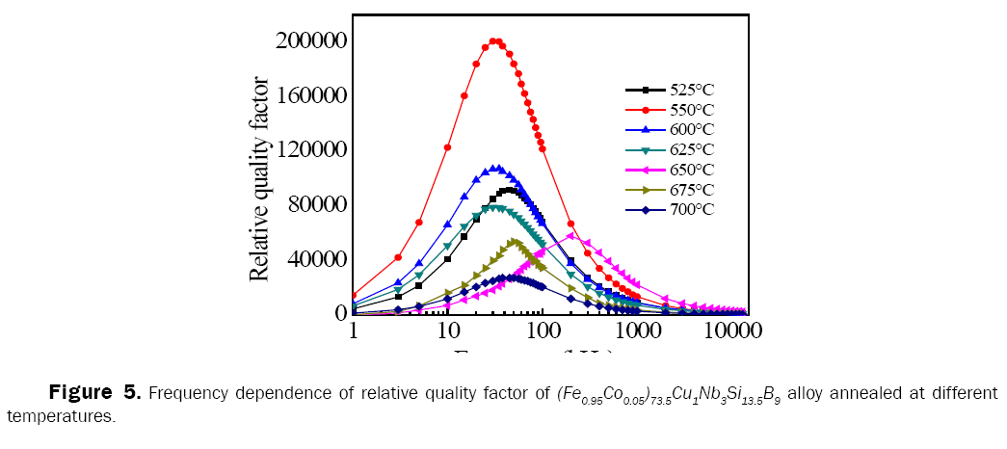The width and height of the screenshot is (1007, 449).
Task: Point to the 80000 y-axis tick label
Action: coord(315,204)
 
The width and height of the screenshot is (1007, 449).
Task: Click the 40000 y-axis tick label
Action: coord(315,259)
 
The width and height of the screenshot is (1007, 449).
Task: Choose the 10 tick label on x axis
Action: coord(446,330)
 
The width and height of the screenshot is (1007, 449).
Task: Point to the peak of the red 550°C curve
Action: coord(495,41)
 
